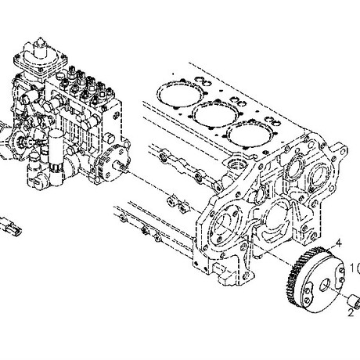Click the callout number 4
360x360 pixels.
click(x=338, y=243)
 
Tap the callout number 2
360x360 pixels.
click(x=351, y=312)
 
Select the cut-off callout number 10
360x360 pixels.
click(x=355, y=268)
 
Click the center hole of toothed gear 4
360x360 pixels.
click(x=326, y=284)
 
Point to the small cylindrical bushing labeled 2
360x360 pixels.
click(x=354, y=301)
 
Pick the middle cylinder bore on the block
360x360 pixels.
click(x=214, y=114)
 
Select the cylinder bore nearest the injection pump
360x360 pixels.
click(x=181, y=94)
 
